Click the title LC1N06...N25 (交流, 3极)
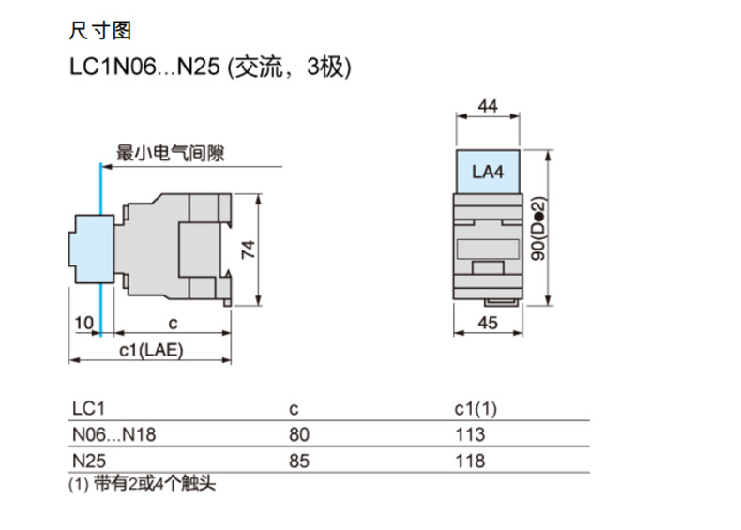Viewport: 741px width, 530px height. tap(210, 68)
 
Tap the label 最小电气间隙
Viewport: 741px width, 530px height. tap(170, 153)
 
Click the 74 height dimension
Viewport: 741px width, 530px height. tap(248, 250)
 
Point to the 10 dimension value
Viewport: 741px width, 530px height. tap(83, 324)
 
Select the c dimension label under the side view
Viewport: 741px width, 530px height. tap(173, 324)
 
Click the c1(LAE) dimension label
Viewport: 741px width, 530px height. tap(151, 350)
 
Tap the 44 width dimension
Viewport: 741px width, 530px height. tap(488, 107)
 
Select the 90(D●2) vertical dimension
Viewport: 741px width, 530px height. tap(538, 230)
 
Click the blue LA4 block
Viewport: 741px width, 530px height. tap(488, 172)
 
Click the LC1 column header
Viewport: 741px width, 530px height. tap(90, 408)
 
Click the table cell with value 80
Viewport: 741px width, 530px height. tap(300, 434)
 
